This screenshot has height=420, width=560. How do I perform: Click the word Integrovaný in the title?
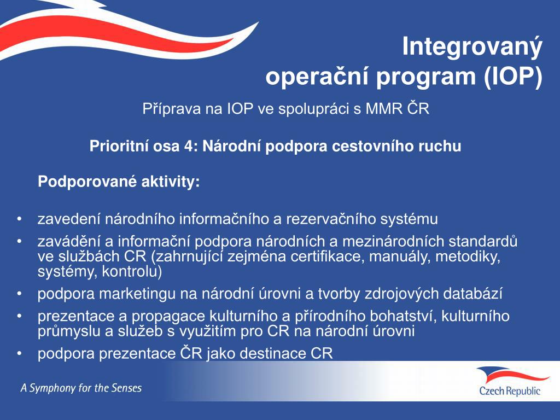pos(472,48)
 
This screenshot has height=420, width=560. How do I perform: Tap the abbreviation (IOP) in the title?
pos(512,77)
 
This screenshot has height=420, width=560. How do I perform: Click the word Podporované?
pos(87,182)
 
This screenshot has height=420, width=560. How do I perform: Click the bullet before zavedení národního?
pos(19,220)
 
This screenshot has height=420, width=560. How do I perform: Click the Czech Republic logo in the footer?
pos(510,381)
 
